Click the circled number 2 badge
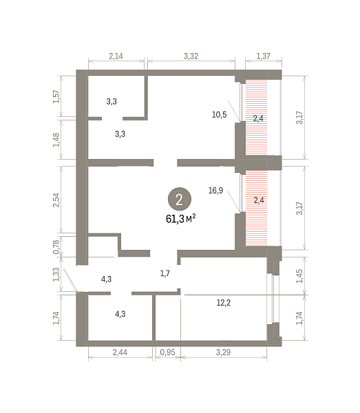coord(180,199)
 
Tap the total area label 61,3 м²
coord(180,219)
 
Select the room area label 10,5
coord(219,114)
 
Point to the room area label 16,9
coord(215,190)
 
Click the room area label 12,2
coord(223,303)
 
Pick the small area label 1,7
coord(165,273)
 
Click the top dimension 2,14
coord(116,56)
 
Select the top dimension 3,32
coord(191,56)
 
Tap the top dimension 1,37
coord(263,56)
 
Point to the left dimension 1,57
coord(56,96)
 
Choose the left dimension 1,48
coord(56,140)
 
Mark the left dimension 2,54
coord(56,200)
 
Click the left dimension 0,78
coord(56,247)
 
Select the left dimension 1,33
coord(56,275)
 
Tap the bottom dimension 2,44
coord(120,352)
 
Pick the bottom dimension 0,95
coord(167,352)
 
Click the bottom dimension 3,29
coord(223,352)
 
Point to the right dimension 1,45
coord(299,276)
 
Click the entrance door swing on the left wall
coord(70,280)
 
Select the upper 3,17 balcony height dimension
coord(299,118)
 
